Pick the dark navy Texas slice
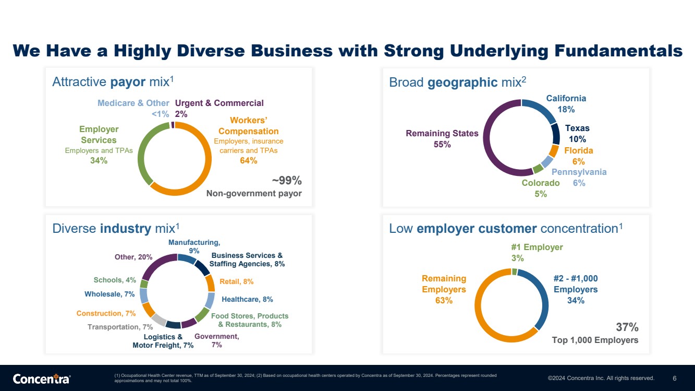tap(556, 134)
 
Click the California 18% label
tap(566, 104)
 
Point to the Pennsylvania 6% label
tap(579, 177)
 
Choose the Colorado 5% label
tap(541, 188)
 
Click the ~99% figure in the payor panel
tap(287, 180)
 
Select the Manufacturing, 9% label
tap(194, 246)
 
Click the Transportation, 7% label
tap(120, 327)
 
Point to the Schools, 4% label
tap(115, 280)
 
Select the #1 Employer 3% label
tap(537, 253)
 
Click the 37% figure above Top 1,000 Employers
tap(627, 327)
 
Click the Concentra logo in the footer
tap(42, 378)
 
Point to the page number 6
tap(674, 378)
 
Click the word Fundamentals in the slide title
tap(618, 50)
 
